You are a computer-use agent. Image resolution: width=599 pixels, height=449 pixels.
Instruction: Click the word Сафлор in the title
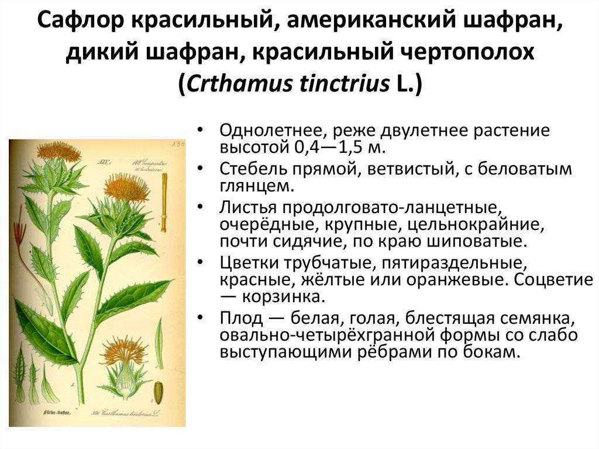tap(81, 20)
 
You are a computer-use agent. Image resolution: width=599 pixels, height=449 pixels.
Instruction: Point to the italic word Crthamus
tap(239, 83)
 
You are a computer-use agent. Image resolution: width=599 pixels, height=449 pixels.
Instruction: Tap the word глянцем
tap(257, 187)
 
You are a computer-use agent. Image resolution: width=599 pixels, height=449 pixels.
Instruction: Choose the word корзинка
tap(284, 297)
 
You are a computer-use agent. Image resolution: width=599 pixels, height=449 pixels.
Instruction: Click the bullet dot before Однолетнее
tap(200, 131)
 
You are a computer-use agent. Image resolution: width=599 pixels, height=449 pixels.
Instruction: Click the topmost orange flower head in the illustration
tap(59, 151)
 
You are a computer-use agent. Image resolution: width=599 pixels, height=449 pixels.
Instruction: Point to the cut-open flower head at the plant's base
tap(122, 369)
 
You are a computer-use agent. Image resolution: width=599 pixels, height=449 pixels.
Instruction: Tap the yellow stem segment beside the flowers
tap(164, 203)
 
